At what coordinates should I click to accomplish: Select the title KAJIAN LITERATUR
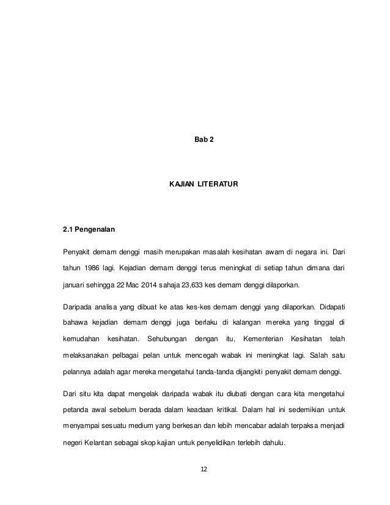click(x=204, y=183)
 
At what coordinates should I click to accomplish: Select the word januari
click(x=76, y=285)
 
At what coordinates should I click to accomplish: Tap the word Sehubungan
click(x=169, y=339)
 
